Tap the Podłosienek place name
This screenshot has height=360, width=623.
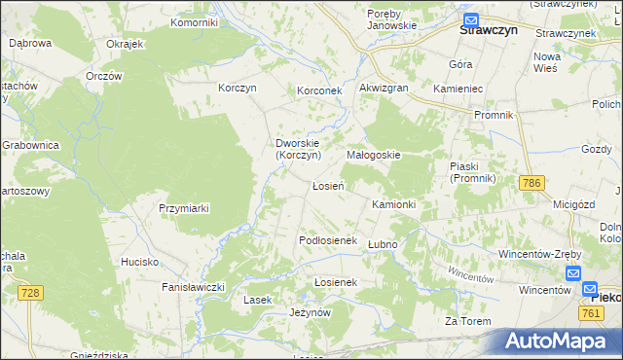tap(329, 240)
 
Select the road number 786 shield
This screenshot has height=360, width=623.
tap(531, 183)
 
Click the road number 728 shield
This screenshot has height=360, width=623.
tap(32, 293)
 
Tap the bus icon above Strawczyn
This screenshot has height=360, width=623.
tap(471, 19)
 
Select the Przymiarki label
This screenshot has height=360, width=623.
tap(184, 208)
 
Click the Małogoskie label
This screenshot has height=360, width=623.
tap(374, 155)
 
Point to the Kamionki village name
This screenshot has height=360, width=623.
tap(394, 204)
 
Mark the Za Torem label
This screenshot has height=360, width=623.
tap(464, 321)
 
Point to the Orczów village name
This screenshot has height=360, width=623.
tap(103, 76)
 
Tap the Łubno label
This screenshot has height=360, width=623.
tap(384, 243)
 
